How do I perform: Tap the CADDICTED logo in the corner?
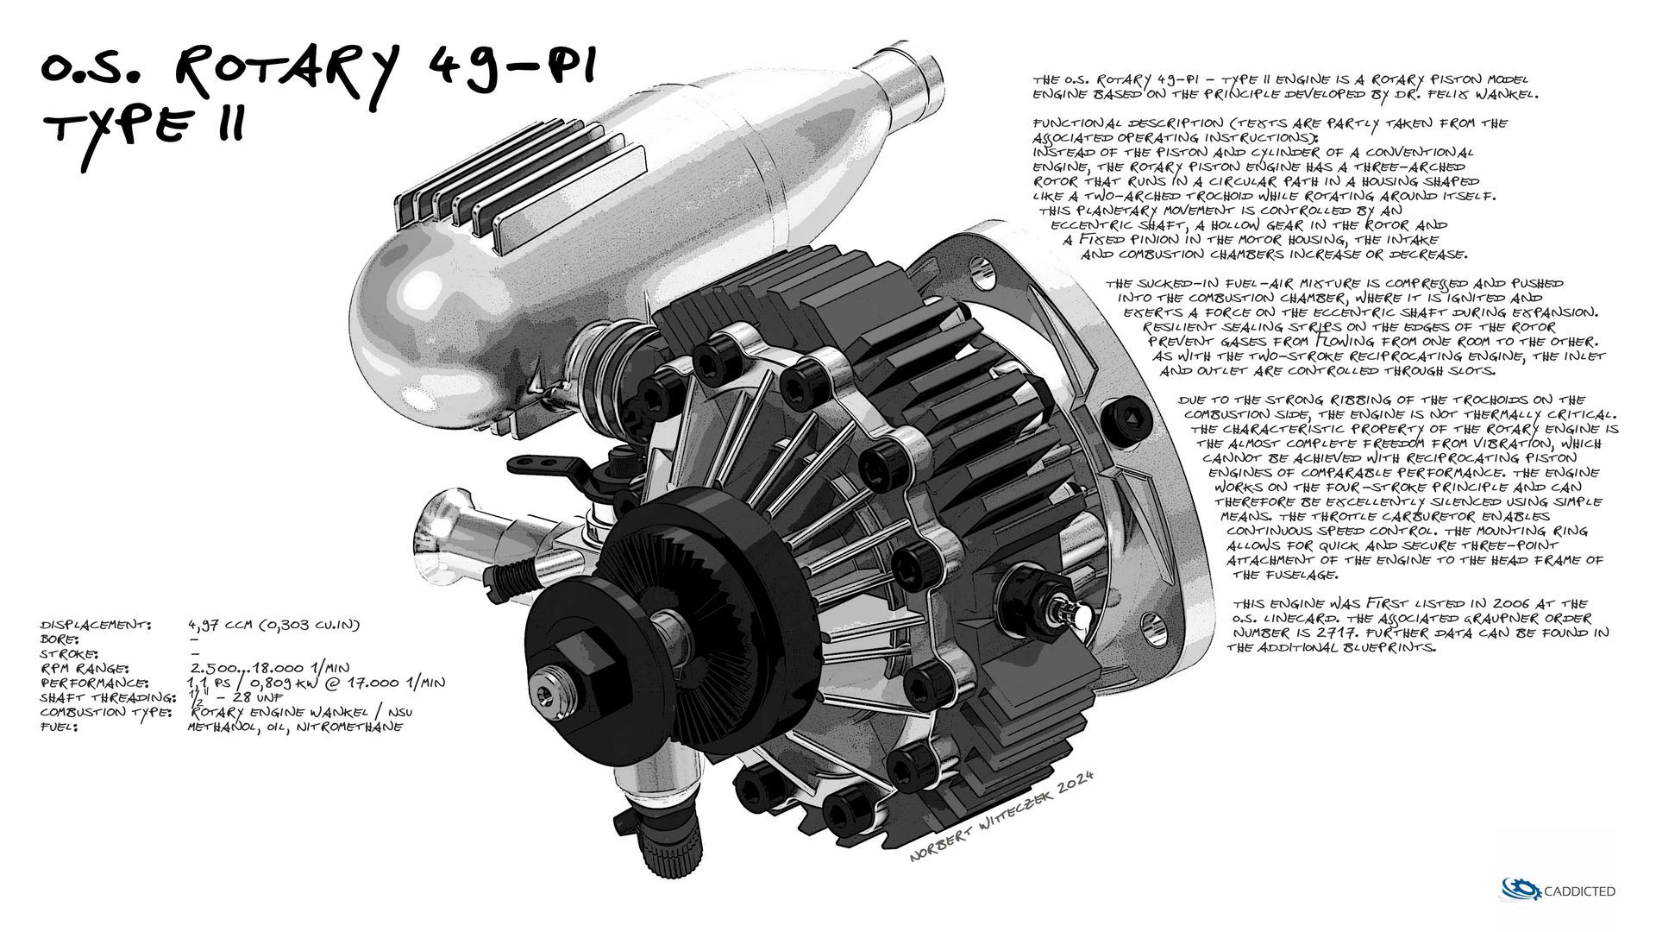point(1559,891)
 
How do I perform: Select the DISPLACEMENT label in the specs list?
point(96,623)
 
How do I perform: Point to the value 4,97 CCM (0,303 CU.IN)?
point(273,623)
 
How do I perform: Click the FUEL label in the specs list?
point(60,727)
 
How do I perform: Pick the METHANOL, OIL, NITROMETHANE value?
point(295,727)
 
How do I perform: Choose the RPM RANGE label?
point(84,668)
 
